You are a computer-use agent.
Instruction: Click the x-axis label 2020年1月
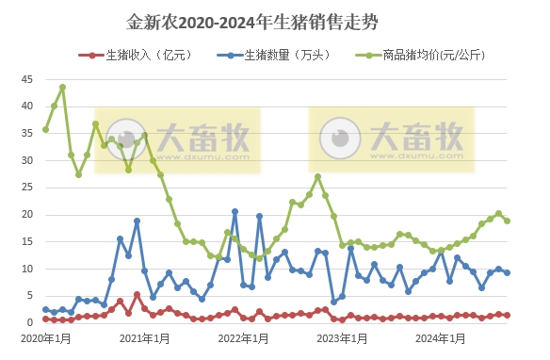tap(44, 337)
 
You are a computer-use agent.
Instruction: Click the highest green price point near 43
tap(62, 88)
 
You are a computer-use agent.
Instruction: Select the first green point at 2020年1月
tap(45, 129)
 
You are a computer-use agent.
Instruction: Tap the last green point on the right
tap(508, 221)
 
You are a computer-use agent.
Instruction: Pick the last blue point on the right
tap(508, 272)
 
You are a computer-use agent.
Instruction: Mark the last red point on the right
tap(508, 316)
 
